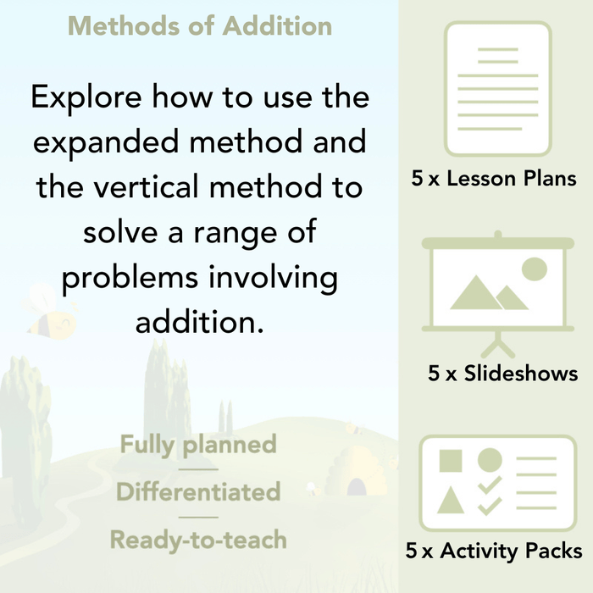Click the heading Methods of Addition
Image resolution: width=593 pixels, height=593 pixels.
pyautogui.click(x=200, y=26)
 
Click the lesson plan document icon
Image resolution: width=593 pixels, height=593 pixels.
pyautogui.click(x=497, y=89)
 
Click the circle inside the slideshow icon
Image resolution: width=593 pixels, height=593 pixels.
pyautogui.click(x=534, y=269)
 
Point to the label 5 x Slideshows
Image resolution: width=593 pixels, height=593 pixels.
pyautogui.click(x=503, y=373)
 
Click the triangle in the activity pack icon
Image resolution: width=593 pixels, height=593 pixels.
pyautogui.click(x=452, y=499)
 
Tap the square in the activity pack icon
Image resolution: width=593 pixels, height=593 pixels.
pyautogui.click(x=452, y=462)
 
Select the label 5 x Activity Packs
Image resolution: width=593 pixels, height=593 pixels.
pyautogui.click(x=494, y=551)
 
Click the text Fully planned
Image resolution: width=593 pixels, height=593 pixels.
pyautogui.click(x=198, y=444)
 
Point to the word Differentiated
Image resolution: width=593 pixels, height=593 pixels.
pyautogui.click(x=198, y=491)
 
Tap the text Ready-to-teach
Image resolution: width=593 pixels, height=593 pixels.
pyautogui.click(x=198, y=539)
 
